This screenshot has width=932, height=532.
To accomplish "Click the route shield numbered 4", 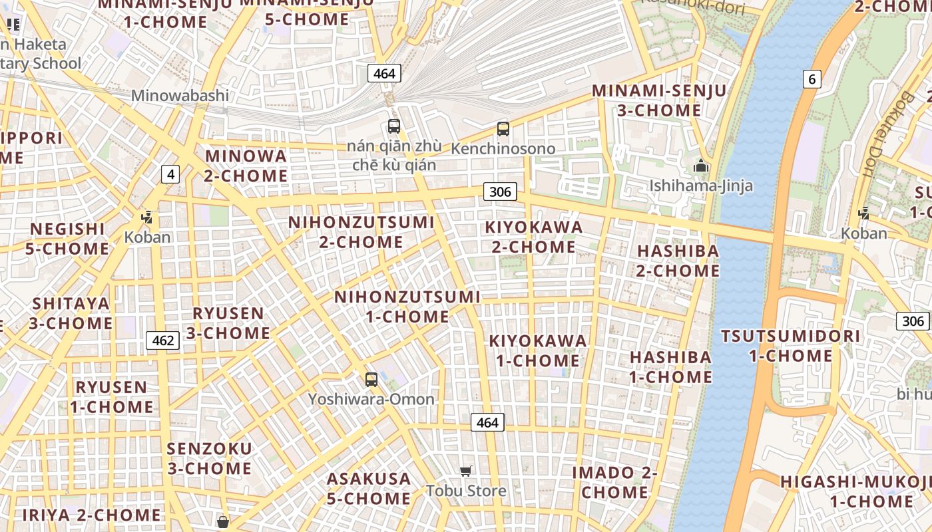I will [x=171, y=175].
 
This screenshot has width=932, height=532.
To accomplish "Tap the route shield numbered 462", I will [x=163, y=341].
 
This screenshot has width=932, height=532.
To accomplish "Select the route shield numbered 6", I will [x=811, y=79].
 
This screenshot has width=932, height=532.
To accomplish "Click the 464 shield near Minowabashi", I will [x=384, y=73].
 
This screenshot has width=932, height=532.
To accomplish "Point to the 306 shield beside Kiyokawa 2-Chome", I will [x=500, y=192].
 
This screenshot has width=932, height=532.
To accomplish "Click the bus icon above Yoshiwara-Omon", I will [x=371, y=380].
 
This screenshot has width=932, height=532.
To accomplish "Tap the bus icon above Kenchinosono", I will [x=503, y=129].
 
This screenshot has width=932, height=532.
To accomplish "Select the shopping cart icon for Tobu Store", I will [x=466, y=471].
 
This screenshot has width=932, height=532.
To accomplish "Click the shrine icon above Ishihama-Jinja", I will [x=700, y=166].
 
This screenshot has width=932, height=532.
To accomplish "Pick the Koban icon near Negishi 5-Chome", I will [x=147, y=217].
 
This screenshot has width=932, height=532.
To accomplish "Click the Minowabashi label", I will [x=180, y=95].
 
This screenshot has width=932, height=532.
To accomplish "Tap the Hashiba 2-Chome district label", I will [x=678, y=261].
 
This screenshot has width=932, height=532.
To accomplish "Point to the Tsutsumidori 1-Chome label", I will [x=790, y=346].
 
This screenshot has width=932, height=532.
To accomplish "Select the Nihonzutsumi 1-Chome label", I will [x=407, y=307].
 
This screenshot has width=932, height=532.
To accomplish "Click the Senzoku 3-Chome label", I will [x=209, y=458].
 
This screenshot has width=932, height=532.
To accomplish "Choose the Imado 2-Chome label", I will [x=614, y=483].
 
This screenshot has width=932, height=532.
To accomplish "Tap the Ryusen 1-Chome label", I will [x=111, y=396].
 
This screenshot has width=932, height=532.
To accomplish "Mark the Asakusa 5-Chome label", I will [x=369, y=488].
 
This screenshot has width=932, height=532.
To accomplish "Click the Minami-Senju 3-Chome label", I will [x=659, y=100].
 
